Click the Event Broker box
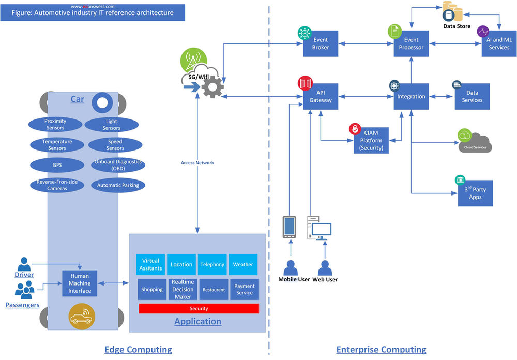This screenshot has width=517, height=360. (x=321, y=43)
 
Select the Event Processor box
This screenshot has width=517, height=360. (x=411, y=43)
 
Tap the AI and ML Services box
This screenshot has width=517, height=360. (x=499, y=43)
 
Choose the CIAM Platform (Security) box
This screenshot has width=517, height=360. (x=371, y=140)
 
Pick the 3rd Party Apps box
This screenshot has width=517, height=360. (x=475, y=193)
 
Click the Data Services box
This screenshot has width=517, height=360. (x=472, y=96)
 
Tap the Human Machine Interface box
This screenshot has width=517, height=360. (x=80, y=283)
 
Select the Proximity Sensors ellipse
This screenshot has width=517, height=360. (x=55, y=125)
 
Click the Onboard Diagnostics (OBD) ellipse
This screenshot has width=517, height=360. (x=118, y=165)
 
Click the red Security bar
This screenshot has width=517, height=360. (x=199, y=308)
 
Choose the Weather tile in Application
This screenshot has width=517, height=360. (x=243, y=264)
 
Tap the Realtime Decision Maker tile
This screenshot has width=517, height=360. (x=183, y=290)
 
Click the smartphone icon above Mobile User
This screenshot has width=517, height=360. (x=289, y=228)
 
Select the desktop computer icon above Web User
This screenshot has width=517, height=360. (x=320, y=229)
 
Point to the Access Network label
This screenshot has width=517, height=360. (x=197, y=163)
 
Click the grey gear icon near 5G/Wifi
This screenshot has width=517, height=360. (x=211, y=86)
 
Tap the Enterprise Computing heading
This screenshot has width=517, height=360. (x=381, y=350)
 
